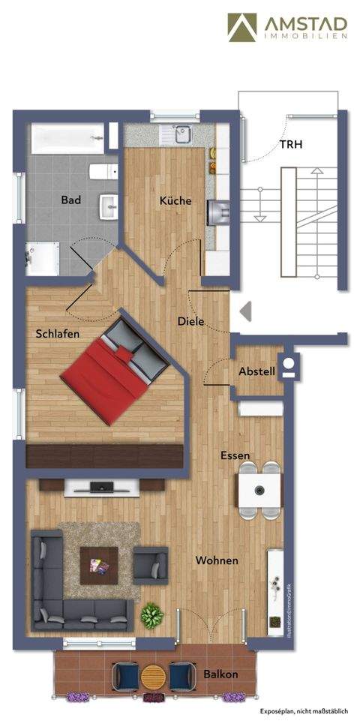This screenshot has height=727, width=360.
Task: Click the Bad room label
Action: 71,200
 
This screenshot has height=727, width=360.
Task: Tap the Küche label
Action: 175,201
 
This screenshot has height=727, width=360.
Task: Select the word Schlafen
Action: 58,334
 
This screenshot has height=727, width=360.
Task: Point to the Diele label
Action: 191,321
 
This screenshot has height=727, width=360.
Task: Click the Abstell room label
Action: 256,371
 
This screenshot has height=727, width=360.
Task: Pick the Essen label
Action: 235,455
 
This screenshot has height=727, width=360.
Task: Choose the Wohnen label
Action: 217,560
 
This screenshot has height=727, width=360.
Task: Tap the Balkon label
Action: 220,674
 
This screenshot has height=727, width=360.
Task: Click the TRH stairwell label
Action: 291,145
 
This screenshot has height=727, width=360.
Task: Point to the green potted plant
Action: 152,616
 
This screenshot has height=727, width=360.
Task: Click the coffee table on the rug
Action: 100,561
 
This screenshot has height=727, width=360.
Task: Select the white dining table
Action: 259,491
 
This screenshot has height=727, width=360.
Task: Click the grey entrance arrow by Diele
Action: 244,310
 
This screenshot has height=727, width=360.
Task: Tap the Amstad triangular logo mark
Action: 243,28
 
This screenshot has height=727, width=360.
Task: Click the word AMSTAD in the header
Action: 304,24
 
